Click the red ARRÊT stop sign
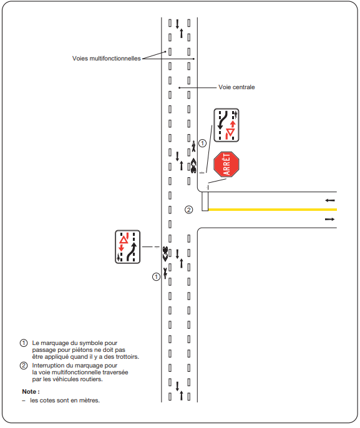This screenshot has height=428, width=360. [x=226, y=164]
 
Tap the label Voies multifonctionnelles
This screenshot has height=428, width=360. [x=107, y=59]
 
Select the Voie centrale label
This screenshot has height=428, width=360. [x=236, y=87]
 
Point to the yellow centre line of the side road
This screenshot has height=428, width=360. [x=273, y=210]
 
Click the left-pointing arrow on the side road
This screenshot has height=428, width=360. [x=330, y=200]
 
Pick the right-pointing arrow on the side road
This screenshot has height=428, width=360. [x=329, y=219]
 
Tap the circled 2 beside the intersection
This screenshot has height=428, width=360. [x=189, y=210]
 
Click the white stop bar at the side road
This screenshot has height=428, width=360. [x=205, y=201]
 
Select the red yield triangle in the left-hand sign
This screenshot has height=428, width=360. [x=124, y=240]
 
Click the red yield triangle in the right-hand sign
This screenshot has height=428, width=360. [x=230, y=132]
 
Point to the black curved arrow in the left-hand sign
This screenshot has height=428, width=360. [x=132, y=251]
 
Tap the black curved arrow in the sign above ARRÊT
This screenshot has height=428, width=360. [x=223, y=120]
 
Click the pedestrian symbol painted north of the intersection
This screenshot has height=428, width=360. [x=193, y=146]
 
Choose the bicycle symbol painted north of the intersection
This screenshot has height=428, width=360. [x=193, y=166]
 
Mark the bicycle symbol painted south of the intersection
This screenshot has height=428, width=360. [x=165, y=254]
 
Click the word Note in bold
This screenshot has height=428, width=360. [x=29, y=391]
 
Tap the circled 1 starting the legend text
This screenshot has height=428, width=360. [x=24, y=343]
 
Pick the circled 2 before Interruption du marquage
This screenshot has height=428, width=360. [x=24, y=365]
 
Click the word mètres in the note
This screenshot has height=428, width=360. [x=89, y=401]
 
